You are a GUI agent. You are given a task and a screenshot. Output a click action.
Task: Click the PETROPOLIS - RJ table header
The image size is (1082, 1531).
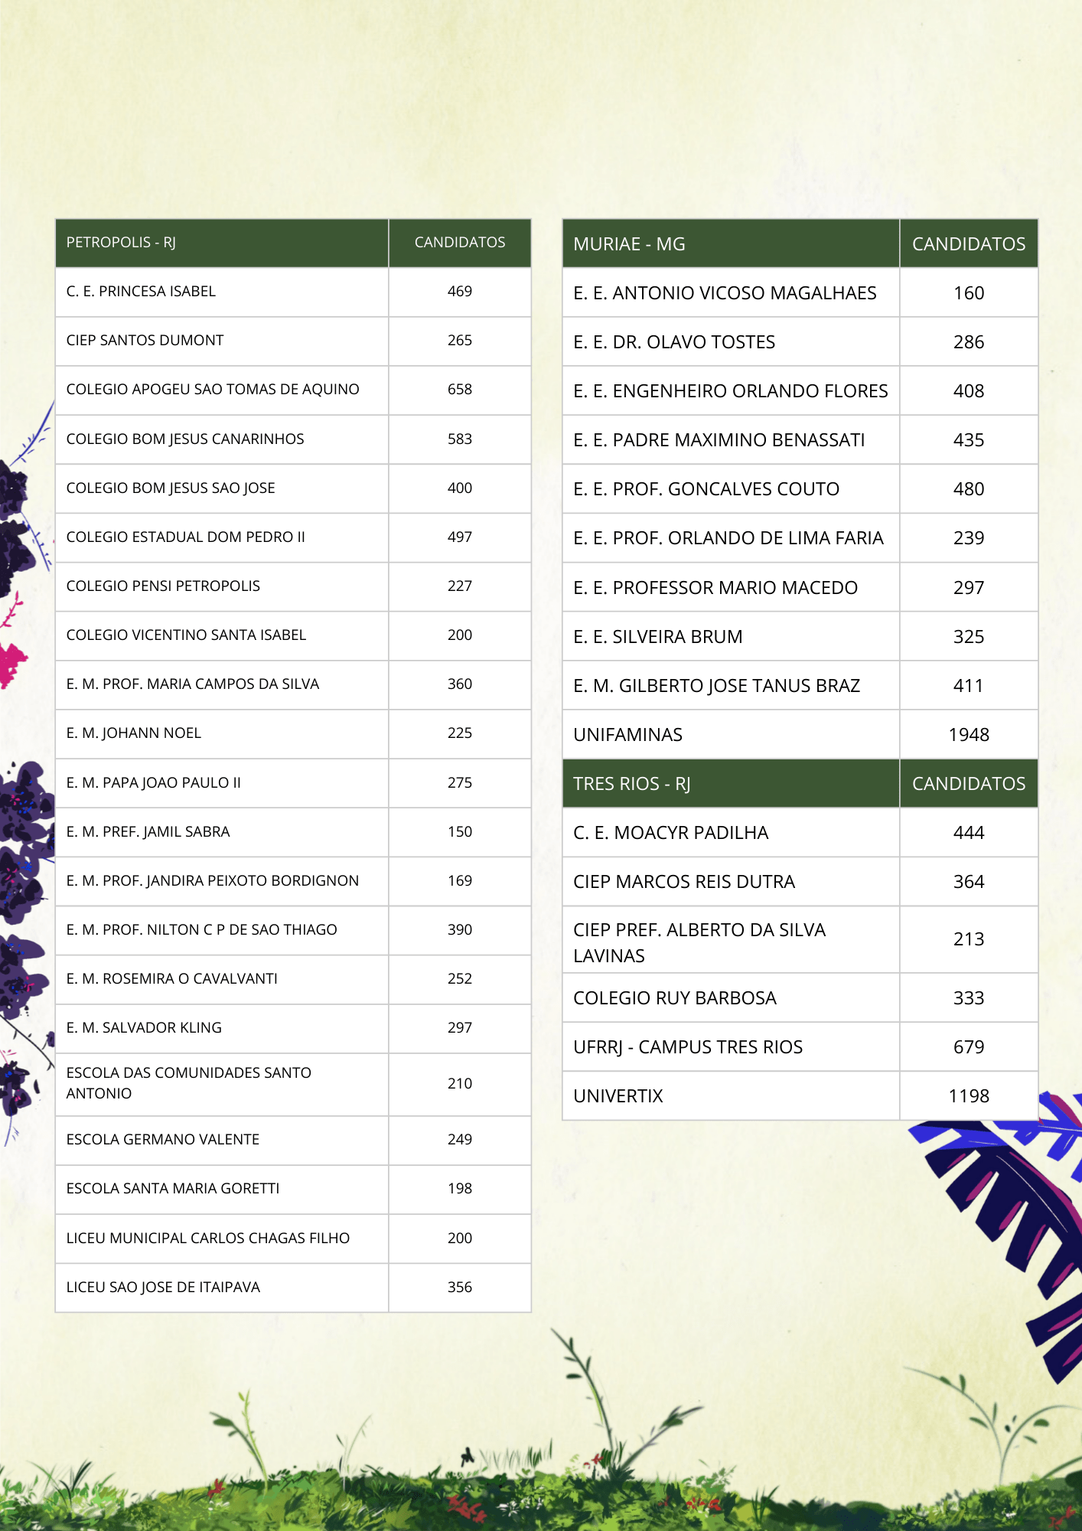click(121, 243)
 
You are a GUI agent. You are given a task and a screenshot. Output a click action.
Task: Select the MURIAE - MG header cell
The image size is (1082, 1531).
click(629, 244)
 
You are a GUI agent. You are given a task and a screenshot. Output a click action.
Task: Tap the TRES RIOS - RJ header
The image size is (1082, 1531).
click(631, 784)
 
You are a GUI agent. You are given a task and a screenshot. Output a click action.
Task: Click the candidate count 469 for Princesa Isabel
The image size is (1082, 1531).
click(459, 292)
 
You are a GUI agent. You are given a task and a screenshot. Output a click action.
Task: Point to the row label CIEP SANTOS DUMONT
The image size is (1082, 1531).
click(145, 341)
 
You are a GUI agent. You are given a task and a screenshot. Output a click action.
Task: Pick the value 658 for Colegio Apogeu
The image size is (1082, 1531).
click(459, 390)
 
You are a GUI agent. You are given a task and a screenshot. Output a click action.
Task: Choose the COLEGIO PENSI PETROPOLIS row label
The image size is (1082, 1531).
click(163, 586)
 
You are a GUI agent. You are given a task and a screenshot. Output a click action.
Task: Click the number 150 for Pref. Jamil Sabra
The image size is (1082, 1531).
click(459, 832)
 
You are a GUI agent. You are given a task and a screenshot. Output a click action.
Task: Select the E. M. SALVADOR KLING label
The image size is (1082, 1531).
click(144, 1028)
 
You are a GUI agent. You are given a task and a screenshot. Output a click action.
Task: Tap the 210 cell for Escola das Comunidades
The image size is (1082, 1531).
click(459, 1084)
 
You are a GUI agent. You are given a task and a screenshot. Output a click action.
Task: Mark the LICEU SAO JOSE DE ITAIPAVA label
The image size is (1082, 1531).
click(163, 1288)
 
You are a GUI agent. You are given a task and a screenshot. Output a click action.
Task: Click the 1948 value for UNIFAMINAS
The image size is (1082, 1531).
click(968, 735)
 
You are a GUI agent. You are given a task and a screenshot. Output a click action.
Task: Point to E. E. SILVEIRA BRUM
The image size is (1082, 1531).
click(657, 637)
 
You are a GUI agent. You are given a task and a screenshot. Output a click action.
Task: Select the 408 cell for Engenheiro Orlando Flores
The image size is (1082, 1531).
click(968, 391)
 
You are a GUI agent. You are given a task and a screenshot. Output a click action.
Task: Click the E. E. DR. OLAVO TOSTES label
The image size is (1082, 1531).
click(673, 342)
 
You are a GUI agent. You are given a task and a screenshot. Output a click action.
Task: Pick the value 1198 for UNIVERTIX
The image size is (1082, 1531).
click(968, 1096)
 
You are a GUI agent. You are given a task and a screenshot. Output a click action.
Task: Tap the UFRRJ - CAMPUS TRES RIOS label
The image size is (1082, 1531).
click(687, 1047)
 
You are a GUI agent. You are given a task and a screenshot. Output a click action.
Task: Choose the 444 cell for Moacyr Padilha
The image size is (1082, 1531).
click(968, 833)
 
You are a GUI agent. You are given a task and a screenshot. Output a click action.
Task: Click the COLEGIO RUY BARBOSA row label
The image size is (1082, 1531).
click(674, 998)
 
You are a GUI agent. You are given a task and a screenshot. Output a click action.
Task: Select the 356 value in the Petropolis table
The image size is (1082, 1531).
click(459, 1288)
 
